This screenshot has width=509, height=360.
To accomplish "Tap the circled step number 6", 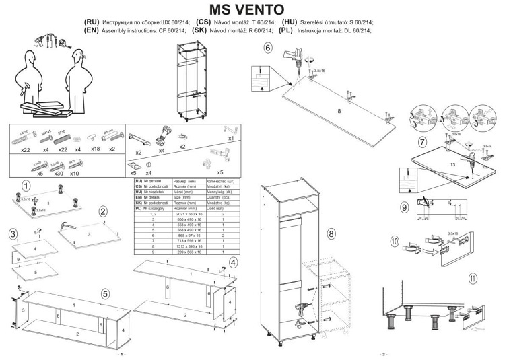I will click(268, 48).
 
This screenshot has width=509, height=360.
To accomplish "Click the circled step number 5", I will click(105, 293).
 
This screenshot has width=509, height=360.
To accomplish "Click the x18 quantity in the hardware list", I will click(96, 149).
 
